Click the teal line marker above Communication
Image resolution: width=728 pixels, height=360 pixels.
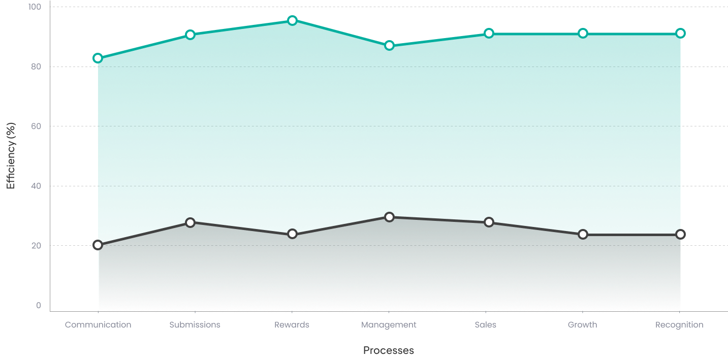(98, 58)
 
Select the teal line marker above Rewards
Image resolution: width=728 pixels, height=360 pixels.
(292, 20)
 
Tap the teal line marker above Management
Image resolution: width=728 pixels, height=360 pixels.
(389, 45)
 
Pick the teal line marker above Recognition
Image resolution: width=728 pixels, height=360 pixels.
(680, 33)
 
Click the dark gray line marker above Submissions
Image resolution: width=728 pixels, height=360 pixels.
(190, 222)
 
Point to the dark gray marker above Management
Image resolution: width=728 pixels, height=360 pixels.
(389, 217)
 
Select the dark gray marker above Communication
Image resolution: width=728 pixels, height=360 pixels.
(98, 245)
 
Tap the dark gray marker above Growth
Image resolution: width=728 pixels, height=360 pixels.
(583, 234)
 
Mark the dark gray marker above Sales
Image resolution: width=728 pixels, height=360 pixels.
(489, 222)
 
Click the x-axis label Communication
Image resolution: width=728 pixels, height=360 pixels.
(98, 325)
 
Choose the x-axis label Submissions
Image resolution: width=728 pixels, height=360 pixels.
(195, 325)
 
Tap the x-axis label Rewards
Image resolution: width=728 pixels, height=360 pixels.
(292, 325)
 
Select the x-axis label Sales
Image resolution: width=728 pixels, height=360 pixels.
(485, 325)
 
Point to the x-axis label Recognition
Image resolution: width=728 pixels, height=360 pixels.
(679, 325)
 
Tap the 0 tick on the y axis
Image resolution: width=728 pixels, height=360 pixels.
(38, 305)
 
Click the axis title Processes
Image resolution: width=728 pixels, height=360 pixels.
(389, 350)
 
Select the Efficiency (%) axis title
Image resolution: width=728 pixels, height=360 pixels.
(11, 156)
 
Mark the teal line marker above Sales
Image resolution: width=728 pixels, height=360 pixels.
(489, 33)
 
